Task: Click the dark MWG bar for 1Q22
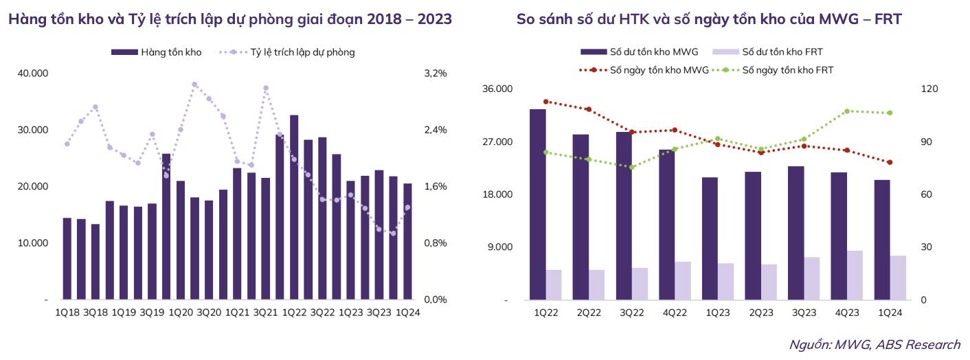click(537, 205)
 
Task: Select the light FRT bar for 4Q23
click(855, 275)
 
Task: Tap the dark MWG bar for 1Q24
click(882, 240)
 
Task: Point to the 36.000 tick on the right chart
click(499, 89)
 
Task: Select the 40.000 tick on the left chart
click(34, 73)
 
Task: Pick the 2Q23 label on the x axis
click(762, 313)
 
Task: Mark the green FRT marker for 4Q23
click(847, 111)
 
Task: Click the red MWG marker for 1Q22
click(545, 102)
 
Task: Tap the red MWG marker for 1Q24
click(890, 162)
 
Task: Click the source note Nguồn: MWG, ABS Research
click(875, 345)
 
